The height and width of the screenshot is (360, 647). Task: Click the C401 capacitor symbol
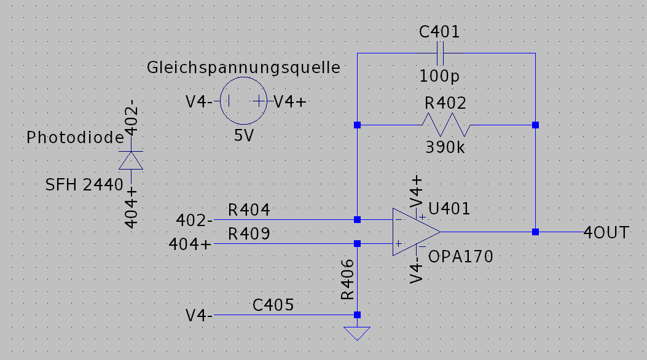439,53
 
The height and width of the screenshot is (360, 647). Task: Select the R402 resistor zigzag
445,125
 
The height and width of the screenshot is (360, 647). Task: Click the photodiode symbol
130,160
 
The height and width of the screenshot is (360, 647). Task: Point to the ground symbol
357,334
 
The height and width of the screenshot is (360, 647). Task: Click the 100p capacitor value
439,76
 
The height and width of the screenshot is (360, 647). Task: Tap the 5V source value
244,136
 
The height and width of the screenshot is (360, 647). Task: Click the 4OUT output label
606,232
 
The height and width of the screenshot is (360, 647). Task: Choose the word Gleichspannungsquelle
243,68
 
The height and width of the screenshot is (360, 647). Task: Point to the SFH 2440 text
85,184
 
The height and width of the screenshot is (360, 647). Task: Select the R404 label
248,210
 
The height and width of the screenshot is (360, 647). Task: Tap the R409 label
248,234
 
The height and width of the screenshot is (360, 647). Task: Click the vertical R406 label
348,279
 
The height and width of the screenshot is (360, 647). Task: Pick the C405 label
273,305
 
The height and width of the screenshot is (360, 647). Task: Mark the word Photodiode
75,138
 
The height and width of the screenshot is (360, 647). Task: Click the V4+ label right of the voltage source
290,102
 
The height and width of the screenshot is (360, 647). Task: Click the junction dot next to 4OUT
535,232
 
